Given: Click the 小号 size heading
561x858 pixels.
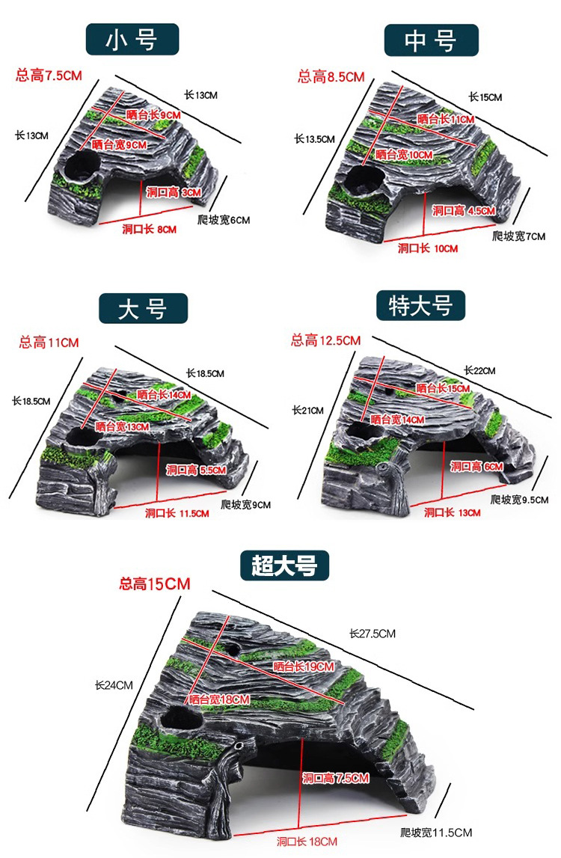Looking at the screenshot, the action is [x=132, y=39].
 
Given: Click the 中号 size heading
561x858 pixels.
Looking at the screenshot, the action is [x=430, y=40].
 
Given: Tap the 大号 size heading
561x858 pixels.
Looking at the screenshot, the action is [x=142, y=308].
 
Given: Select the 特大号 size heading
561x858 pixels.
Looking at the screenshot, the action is [x=421, y=305].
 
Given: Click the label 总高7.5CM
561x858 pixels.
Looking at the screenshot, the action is [x=49, y=76].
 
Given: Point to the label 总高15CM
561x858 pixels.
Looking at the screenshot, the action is [x=155, y=583].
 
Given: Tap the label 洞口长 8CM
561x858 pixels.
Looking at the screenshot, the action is [x=150, y=229].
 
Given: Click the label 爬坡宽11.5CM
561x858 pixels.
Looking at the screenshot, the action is [x=436, y=832].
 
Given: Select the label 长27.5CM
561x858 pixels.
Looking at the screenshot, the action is [x=372, y=634].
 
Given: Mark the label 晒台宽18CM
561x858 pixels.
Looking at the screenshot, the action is [x=218, y=699].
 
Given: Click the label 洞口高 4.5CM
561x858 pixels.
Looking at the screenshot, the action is [x=464, y=211].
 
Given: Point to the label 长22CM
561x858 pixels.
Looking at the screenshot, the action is [x=479, y=370].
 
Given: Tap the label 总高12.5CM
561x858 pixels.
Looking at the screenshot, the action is [x=325, y=340].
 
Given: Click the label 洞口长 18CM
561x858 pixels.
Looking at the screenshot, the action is [x=307, y=842].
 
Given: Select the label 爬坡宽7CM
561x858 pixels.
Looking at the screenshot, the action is [x=519, y=236].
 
